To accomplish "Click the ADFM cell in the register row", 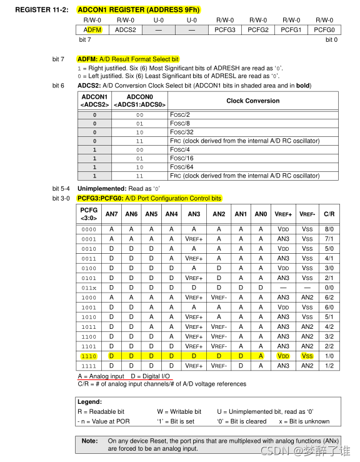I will (x=92, y=29).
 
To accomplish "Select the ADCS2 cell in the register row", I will (x=126, y=29).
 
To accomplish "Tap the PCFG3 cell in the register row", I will (x=224, y=29).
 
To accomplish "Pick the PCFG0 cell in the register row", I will (x=324, y=29).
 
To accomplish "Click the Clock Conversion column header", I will (x=252, y=101).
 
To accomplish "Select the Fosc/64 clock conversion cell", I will (x=182, y=167).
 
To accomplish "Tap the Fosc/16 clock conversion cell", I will (x=182, y=158).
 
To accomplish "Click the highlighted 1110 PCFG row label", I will (x=89, y=356).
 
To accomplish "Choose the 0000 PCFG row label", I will (x=89, y=229).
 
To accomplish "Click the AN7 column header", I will (x=111, y=214).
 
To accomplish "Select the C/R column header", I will (x=329, y=214).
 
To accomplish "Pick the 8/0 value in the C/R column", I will (x=329, y=229).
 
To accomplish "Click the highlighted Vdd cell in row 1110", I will (x=283, y=356).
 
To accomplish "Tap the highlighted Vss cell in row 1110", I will (x=307, y=356).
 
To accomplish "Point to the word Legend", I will (x=91, y=402).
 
